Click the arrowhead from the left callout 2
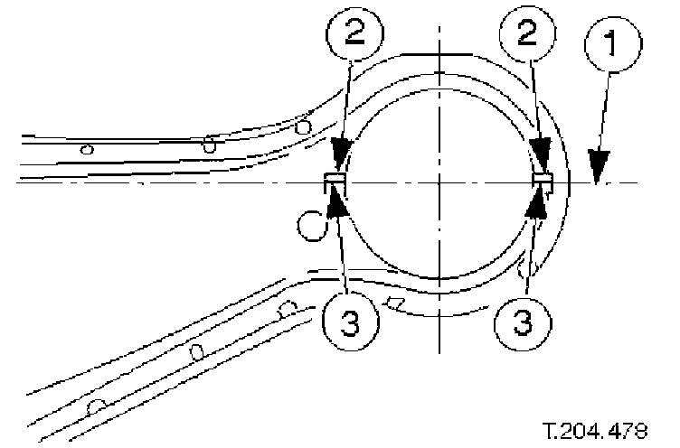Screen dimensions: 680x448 (339, 162)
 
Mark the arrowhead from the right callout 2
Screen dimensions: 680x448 (543, 161)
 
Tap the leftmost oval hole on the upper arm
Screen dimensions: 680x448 (87, 149)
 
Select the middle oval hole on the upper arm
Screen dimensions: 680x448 (209, 144)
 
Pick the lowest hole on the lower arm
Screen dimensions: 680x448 (94, 408)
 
